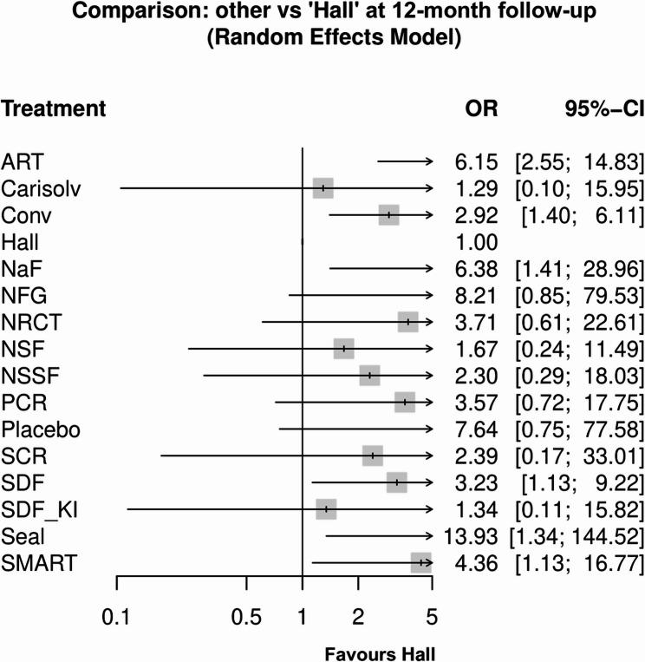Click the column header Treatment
[x=53, y=109]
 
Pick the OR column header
[x=481, y=109]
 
